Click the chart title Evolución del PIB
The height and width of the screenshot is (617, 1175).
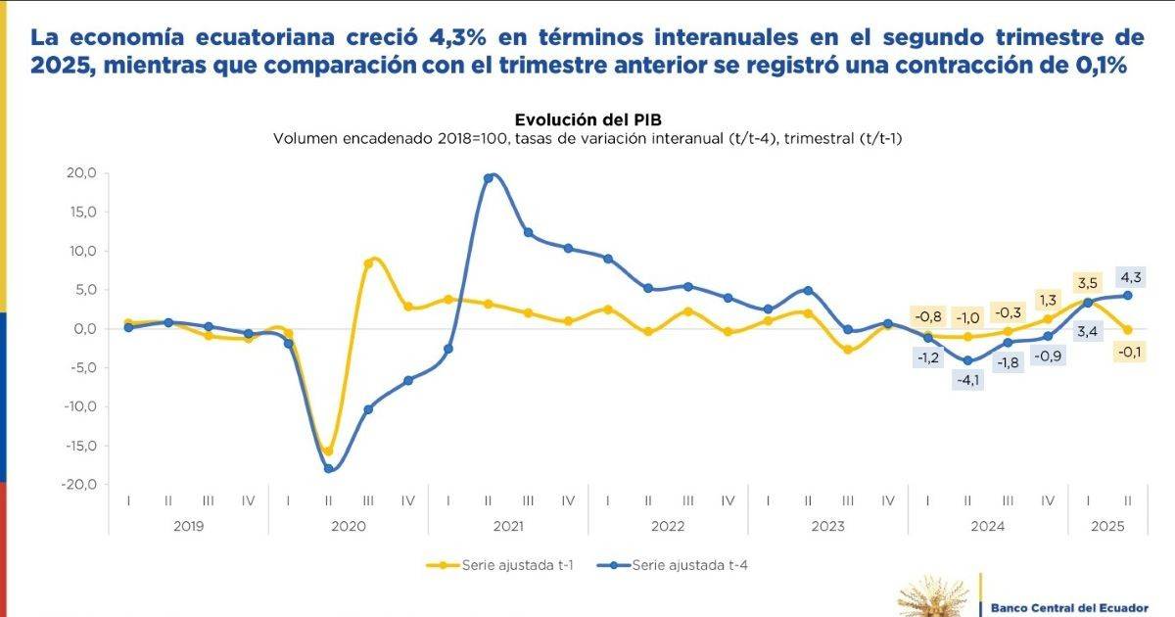pos(587,119)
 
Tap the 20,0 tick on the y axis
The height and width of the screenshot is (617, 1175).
pos(79,173)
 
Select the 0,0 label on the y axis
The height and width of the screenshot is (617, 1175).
pos(83,329)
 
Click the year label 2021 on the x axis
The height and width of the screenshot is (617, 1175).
pos(508,526)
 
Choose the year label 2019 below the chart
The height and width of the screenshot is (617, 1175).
pos(188,526)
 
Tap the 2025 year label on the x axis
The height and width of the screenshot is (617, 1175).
pos(1108,526)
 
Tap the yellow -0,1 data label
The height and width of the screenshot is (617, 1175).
pos(1129,352)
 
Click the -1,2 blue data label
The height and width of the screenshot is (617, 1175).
pos(927,357)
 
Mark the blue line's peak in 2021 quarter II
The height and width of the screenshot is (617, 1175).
pos(489,177)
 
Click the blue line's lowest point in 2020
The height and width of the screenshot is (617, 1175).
pos(329,469)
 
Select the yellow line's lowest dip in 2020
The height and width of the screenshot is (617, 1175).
pos(328,451)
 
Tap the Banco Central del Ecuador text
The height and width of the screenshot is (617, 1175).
pos(1069,606)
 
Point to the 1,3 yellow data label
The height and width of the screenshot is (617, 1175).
pos(1048,300)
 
